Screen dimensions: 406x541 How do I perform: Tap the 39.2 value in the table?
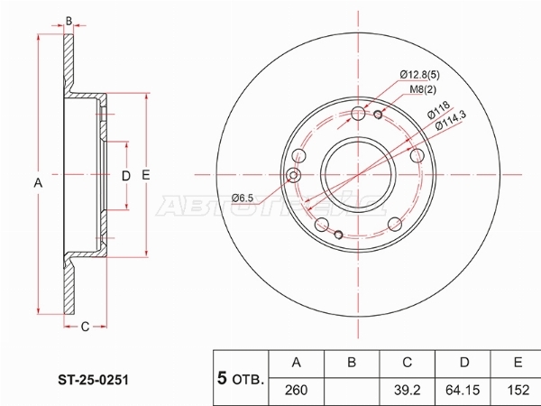(x=408, y=391)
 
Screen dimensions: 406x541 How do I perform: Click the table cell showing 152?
(x=518, y=391)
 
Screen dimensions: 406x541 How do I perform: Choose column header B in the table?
(x=353, y=363)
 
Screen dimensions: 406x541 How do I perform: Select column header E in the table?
(x=518, y=363)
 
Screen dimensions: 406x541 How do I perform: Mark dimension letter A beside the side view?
(x=38, y=183)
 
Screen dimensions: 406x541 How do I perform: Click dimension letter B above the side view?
(x=69, y=20)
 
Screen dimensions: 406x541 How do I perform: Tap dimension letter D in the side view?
(x=126, y=175)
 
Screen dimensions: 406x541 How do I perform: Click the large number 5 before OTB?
(x=222, y=377)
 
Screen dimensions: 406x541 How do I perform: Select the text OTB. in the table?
(x=248, y=380)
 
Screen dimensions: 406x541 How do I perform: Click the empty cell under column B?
(x=353, y=391)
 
